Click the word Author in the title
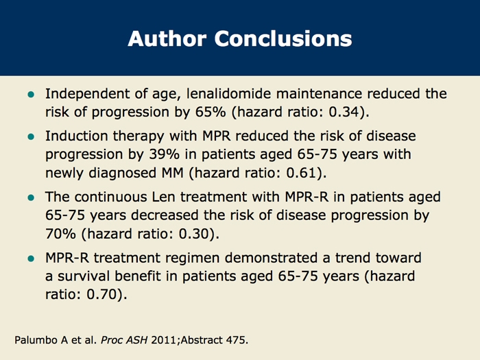point(167,38)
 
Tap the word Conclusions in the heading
point(283,38)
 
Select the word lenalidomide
point(228,94)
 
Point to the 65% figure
point(211,112)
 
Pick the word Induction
point(77,136)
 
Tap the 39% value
point(165,154)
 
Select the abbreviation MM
point(172,173)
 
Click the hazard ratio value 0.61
point(301,173)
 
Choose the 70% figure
point(60,234)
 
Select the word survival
point(84,276)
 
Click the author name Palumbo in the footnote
point(36,340)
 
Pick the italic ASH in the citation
point(137,340)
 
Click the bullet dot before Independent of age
point(31,95)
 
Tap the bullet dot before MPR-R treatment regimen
point(31,259)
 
